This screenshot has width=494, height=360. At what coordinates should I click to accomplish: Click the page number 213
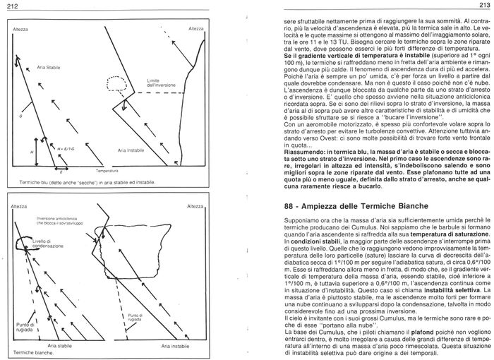coord(483,6)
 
